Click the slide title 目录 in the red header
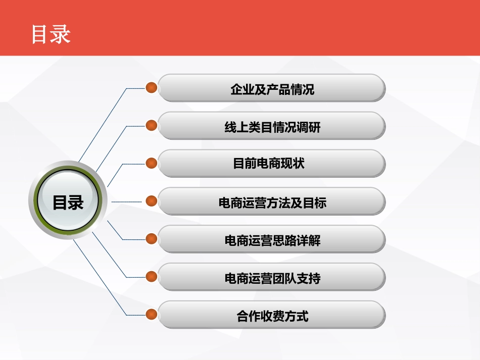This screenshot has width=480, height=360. [x=51, y=34]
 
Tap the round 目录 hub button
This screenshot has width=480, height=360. [x=68, y=202]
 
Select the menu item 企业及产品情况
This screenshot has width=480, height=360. [x=272, y=89]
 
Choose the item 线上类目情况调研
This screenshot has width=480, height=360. [x=272, y=127]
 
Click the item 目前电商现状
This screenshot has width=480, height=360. [x=272, y=164]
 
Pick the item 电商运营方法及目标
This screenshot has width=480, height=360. [x=272, y=202]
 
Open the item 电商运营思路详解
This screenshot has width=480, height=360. [x=272, y=240]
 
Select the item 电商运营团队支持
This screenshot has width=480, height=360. [x=272, y=278]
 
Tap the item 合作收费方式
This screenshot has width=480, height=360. [x=272, y=316]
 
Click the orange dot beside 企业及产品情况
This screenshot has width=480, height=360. [x=151, y=88]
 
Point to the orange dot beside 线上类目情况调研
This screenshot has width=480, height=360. [x=151, y=125]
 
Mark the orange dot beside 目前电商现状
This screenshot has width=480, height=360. [x=151, y=163]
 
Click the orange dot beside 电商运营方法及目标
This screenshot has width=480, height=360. [x=151, y=201]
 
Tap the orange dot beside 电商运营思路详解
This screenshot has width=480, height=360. [x=151, y=239]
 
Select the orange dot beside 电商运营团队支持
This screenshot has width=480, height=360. [x=151, y=277]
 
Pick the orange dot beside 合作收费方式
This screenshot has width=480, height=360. [x=151, y=314]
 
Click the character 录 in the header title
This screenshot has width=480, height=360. [x=61, y=34]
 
